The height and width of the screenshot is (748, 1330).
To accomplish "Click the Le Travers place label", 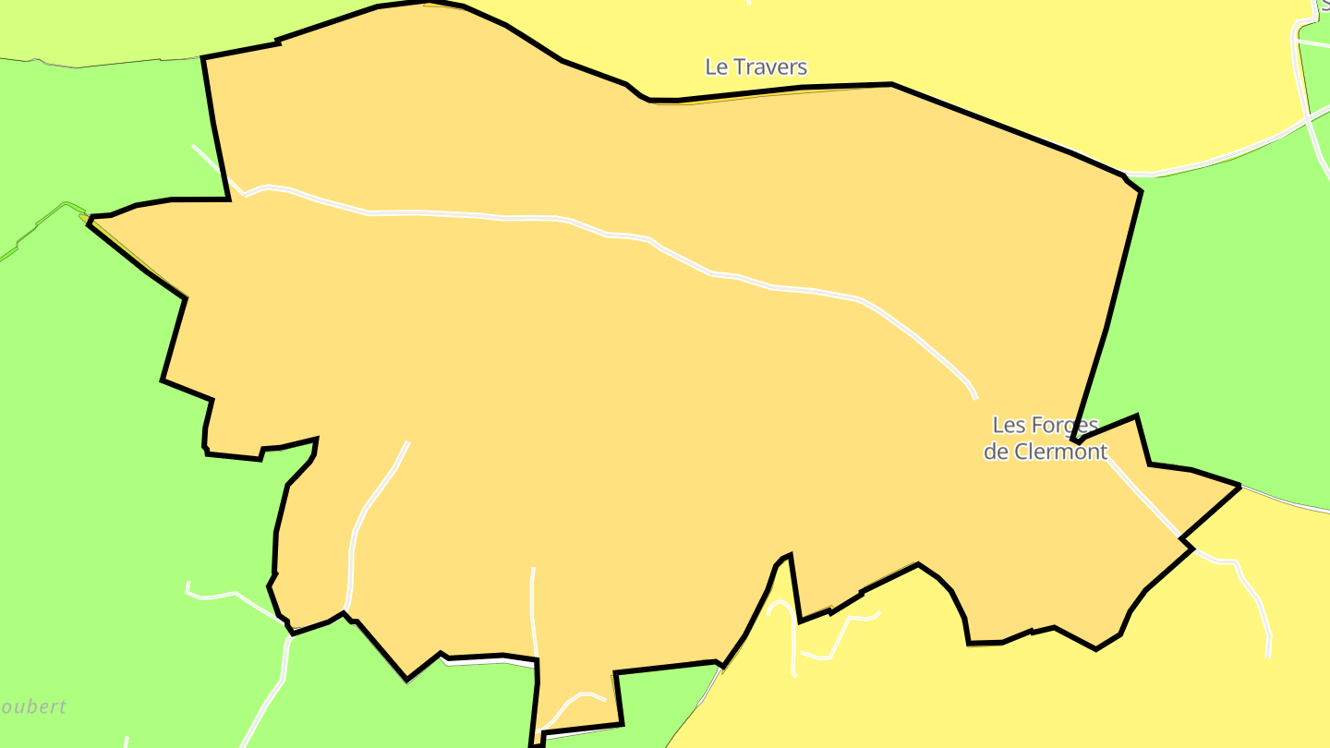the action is pos(756,67).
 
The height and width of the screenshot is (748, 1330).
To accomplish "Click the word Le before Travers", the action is pos(716,67).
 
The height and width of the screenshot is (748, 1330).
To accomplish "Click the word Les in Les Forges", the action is pos(1008,426).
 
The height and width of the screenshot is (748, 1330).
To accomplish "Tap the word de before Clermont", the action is pos(996,452).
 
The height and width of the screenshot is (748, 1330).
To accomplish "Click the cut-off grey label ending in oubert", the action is pos(33,708).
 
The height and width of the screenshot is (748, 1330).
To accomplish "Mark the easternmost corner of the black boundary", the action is pos(1238,487).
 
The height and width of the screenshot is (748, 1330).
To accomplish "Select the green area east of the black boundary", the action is pos(1219,323).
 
